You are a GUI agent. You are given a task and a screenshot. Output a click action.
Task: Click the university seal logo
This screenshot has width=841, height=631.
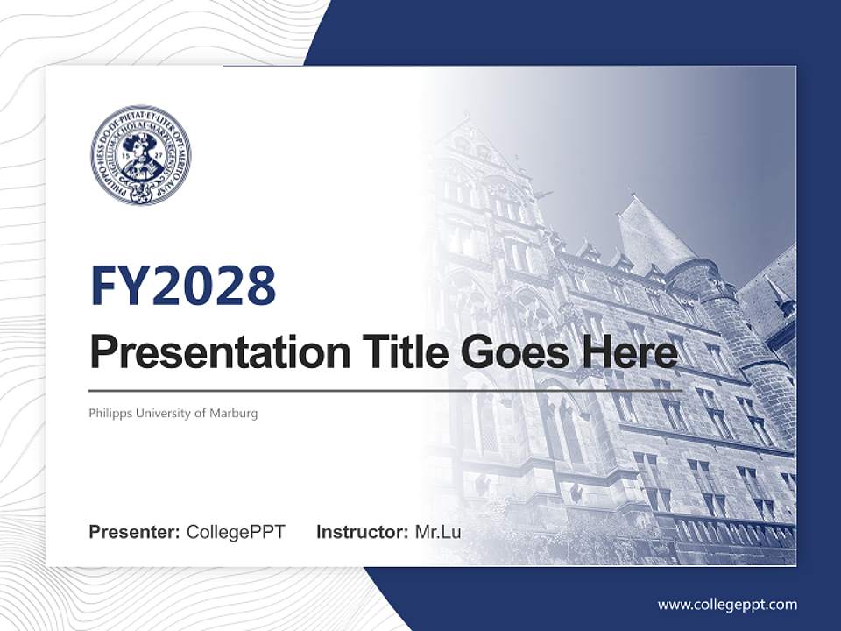pos(140,155)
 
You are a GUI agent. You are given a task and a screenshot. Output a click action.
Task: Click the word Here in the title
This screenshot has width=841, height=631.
pos(630,351)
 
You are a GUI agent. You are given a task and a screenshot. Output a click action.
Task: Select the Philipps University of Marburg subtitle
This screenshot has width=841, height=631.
pos(173,413)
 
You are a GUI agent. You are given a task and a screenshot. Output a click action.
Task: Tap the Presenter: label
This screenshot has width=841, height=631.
pos(135,532)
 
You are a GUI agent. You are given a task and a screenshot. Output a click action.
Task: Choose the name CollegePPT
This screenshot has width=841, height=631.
pos(236,532)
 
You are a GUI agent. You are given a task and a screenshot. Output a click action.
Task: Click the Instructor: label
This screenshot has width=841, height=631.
pos(362,532)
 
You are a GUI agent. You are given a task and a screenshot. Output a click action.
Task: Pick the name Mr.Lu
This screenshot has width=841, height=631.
pos(438,532)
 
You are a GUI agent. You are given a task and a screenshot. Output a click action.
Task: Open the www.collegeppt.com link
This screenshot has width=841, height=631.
pos(727,604)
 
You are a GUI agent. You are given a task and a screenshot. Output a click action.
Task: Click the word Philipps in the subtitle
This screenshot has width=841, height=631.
pos(106,413)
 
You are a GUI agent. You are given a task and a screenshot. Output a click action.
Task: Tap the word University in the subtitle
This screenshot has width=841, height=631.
pos(160,413)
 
